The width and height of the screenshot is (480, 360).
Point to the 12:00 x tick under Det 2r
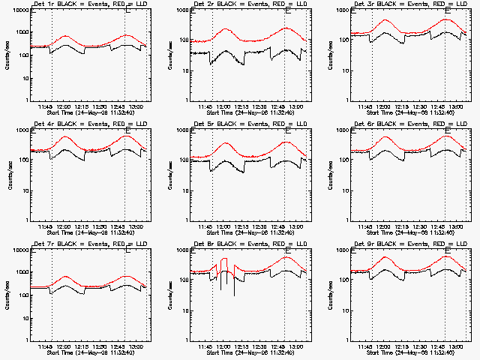pyautogui.click(x=225, y=106)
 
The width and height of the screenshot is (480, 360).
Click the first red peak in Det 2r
pyautogui.click(x=226, y=29)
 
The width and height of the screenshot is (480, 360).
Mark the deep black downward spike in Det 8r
pyautogui.click(x=234, y=294)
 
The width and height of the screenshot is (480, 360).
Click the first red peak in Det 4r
pyautogui.click(x=66, y=137)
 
